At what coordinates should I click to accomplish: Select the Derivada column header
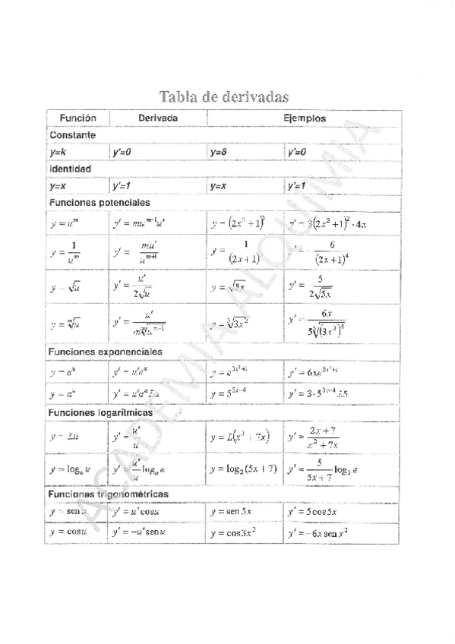(x=158, y=118)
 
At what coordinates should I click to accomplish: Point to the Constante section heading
(x=72, y=134)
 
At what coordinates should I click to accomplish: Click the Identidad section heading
(x=70, y=168)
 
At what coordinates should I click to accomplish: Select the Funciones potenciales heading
(x=99, y=203)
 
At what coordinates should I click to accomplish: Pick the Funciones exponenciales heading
(x=105, y=352)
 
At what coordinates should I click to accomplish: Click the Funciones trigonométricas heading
(x=108, y=494)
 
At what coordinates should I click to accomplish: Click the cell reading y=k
(x=58, y=152)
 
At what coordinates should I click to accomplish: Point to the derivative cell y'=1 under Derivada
(x=124, y=185)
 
